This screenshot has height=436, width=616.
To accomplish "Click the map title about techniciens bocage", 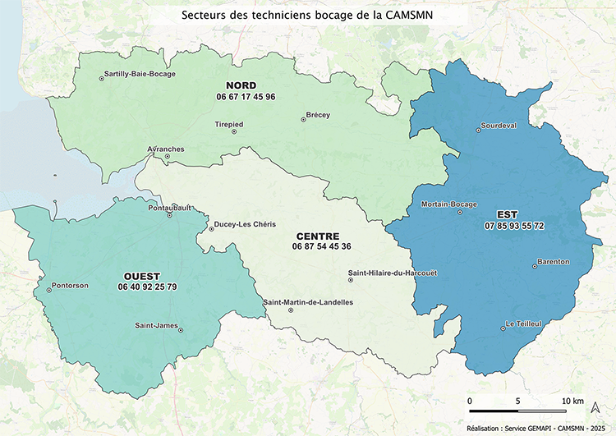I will click(x=307, y=15).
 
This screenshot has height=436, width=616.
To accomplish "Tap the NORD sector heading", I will click(x=241, y=85).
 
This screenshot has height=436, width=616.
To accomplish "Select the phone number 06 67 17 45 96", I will click(x=246, y=97).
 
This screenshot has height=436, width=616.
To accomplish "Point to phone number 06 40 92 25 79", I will click(x=147, y=287).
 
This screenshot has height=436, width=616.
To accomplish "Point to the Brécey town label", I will click(x=318, y=115).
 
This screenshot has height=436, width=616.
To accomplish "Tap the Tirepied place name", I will click(x=228, y=125).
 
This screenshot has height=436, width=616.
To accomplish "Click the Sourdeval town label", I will click(x=499, y=126).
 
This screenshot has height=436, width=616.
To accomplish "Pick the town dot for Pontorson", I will click(x=48, y=288).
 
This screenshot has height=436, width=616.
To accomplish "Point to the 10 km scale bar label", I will click(x=572, y=401).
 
